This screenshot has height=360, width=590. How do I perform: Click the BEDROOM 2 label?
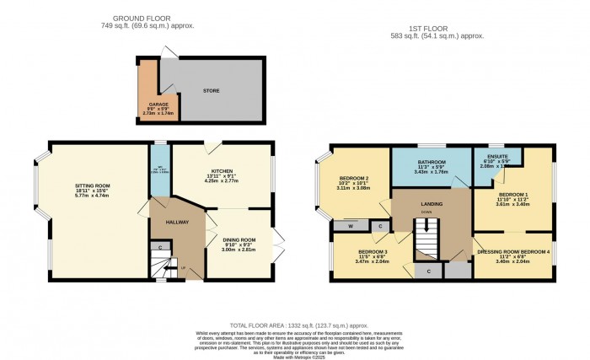(x=353, y=180)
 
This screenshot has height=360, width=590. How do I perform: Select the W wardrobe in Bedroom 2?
(x=349, y=226)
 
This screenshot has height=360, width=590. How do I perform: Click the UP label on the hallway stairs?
(x=184, y=268)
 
